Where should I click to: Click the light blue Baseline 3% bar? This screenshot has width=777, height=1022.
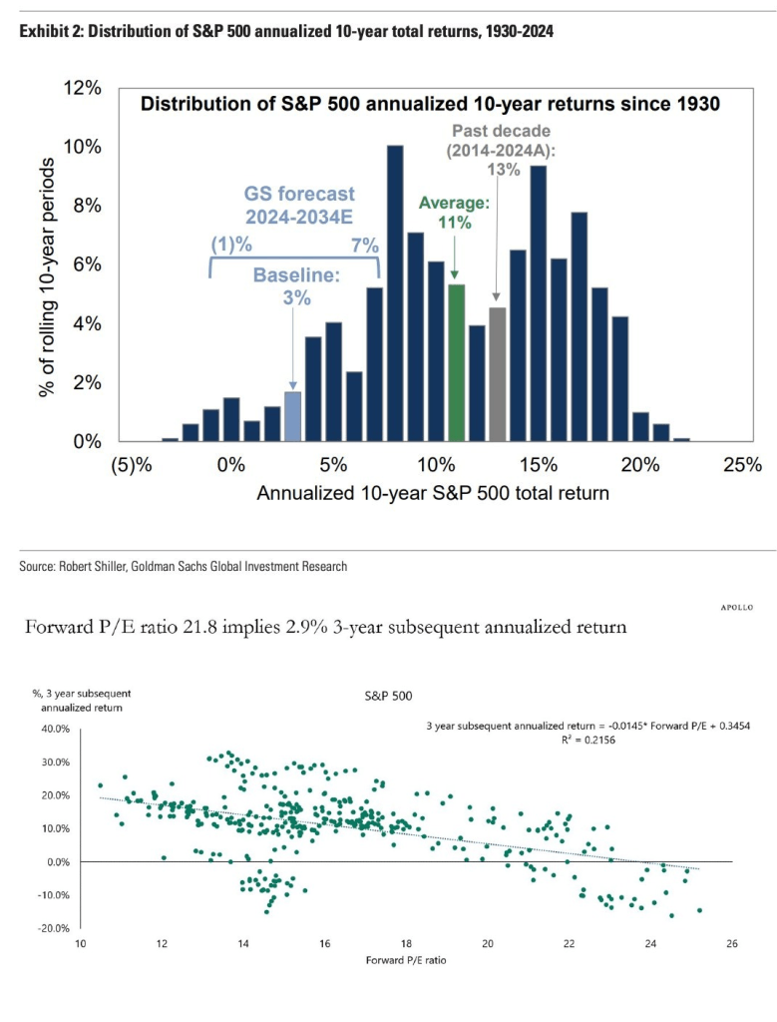coord(292,416)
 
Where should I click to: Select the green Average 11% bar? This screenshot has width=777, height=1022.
coord(456,363)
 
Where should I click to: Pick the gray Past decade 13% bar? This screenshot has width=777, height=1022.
coord(497,374)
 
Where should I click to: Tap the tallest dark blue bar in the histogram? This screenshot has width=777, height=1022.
coord(395,293)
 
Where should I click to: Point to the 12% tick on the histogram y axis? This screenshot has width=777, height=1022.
coord(85,88)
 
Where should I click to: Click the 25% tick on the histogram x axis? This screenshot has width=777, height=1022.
coord(742,465)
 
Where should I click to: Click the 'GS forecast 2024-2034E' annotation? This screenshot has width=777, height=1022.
coord(299,206)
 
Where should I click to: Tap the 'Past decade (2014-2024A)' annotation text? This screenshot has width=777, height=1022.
coord(500,141)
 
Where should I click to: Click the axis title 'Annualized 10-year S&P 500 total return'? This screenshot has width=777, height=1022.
coord(433,493)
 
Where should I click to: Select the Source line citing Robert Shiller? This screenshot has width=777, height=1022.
coord(183,567)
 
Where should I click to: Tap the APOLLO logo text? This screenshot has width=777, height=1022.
coord(735,606)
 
